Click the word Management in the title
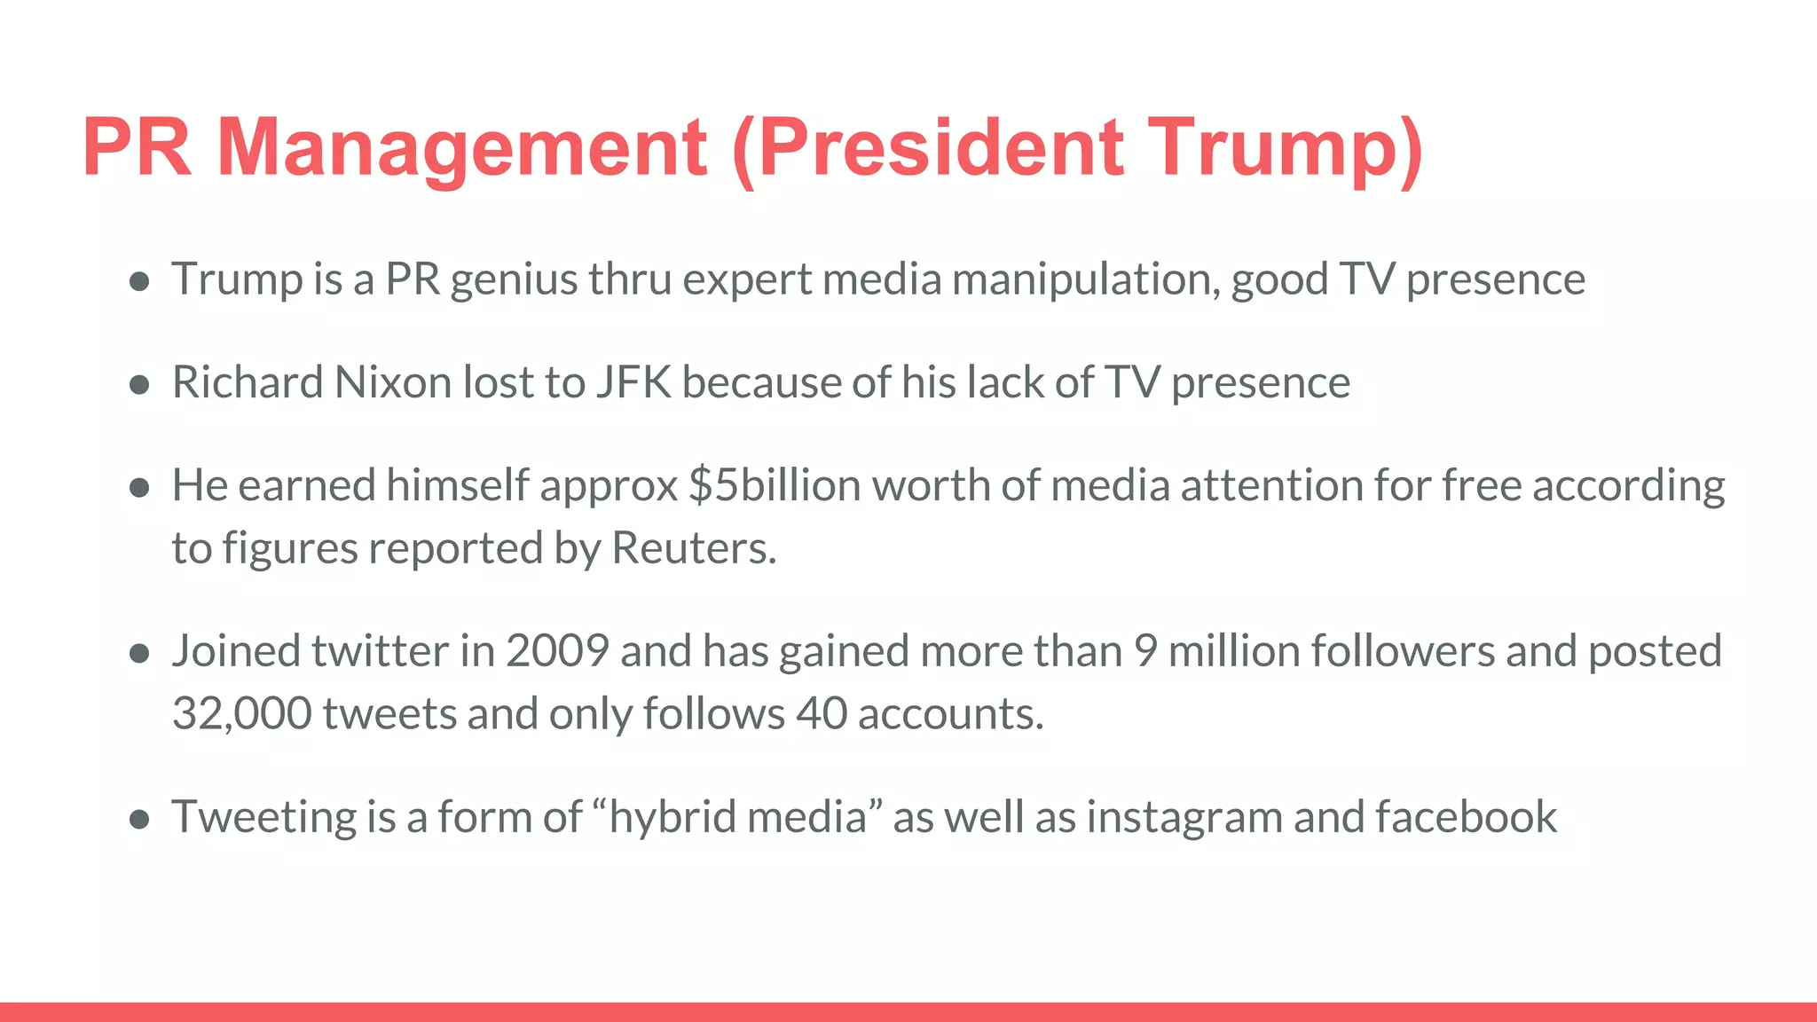(461, 148)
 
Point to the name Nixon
(393, 382)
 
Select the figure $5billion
(775, 485)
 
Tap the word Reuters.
(694, 547)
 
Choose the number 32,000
(241, 713)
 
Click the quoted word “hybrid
(662, 816)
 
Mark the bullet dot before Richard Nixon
(138, 384)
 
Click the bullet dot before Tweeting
(138, 818)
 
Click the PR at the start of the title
(137, 148)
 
